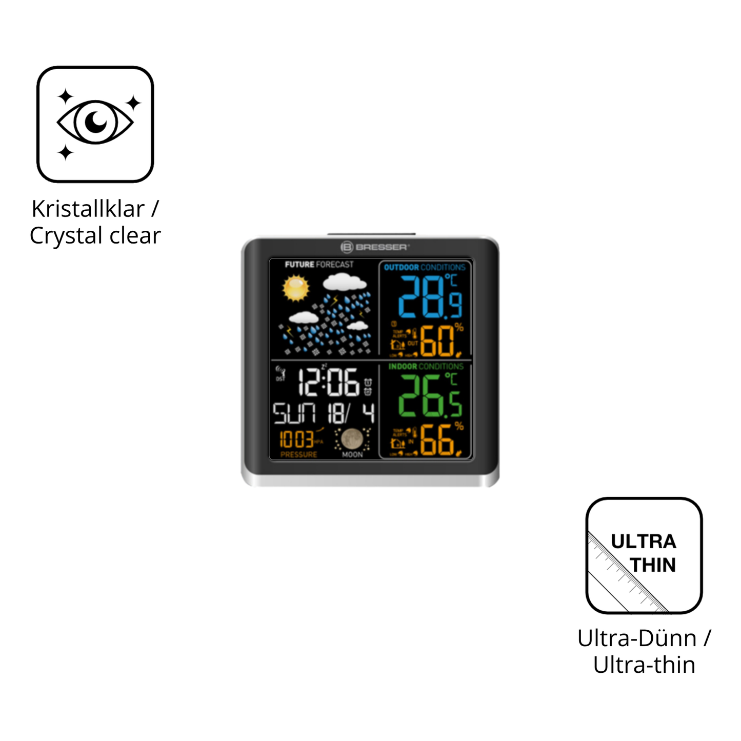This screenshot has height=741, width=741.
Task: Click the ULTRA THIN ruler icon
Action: [644, 555]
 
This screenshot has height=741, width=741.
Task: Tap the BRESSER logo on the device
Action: [375, 247]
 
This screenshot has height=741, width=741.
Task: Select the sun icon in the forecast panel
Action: [296, 288]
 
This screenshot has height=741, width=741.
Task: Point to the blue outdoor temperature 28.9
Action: [430, 297]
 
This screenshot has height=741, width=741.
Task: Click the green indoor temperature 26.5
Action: [430, 396]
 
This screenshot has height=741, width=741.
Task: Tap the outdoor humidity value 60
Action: [437, 341]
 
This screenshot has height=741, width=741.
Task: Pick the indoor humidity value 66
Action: [437, 440]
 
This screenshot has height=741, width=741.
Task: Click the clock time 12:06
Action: [329, 383]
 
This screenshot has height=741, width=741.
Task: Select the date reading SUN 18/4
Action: [324, 413]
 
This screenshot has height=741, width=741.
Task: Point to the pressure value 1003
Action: [296, 439]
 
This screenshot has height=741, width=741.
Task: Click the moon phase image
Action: [352, 438]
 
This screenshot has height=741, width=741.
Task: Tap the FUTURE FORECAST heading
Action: [319, 265]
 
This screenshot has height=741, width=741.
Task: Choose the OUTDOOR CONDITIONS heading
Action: [425, 267]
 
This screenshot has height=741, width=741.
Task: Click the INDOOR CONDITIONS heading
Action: [426, 366]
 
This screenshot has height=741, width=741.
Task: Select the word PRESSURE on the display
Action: [298, 454]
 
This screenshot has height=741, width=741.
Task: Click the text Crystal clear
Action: [95, 236]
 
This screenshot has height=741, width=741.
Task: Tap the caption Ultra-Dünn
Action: [637, 638]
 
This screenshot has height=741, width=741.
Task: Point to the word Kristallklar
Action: [88, 209]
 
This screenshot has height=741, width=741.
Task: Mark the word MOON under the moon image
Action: [352, 454]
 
